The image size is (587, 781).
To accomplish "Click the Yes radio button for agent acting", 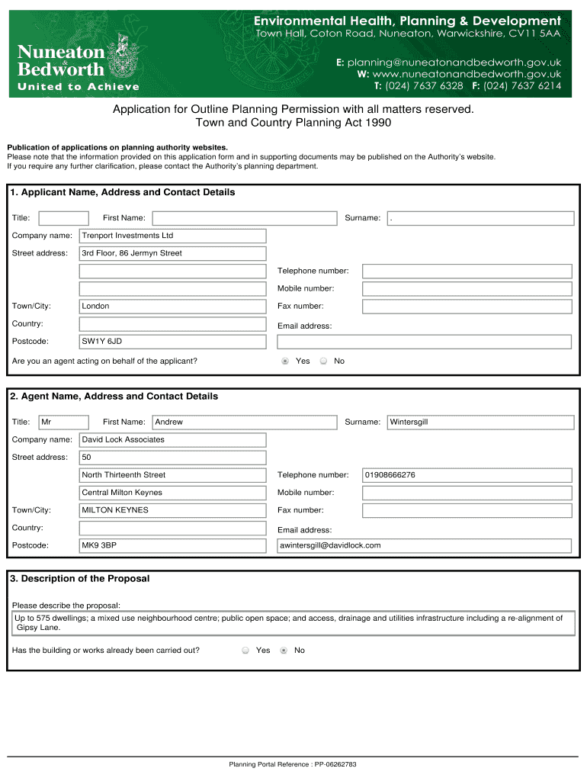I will (285, 361).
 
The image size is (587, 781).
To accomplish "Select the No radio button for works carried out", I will (284, 651).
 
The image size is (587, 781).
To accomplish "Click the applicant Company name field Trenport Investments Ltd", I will (172, 236).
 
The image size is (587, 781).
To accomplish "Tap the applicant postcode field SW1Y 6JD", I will (172, 342).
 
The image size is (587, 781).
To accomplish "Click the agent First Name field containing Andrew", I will (244, 422).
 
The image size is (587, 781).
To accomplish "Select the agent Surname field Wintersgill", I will (480, 422).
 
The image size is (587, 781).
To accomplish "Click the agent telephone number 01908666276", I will (467, 475).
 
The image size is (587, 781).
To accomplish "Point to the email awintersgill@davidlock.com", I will (424, 545).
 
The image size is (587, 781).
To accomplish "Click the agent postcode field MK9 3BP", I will (172, 545).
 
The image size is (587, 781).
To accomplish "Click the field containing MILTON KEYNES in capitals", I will (172, 510).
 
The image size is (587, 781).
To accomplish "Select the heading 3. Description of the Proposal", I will (80, 579).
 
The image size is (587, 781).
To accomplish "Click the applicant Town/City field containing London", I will (172, 306).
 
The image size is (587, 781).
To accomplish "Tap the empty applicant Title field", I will (63, 218).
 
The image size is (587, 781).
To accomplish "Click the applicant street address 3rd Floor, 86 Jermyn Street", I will (172, 253).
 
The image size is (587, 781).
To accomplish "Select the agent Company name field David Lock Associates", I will (172, 439).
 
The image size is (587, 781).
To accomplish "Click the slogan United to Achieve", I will (79, 87).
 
